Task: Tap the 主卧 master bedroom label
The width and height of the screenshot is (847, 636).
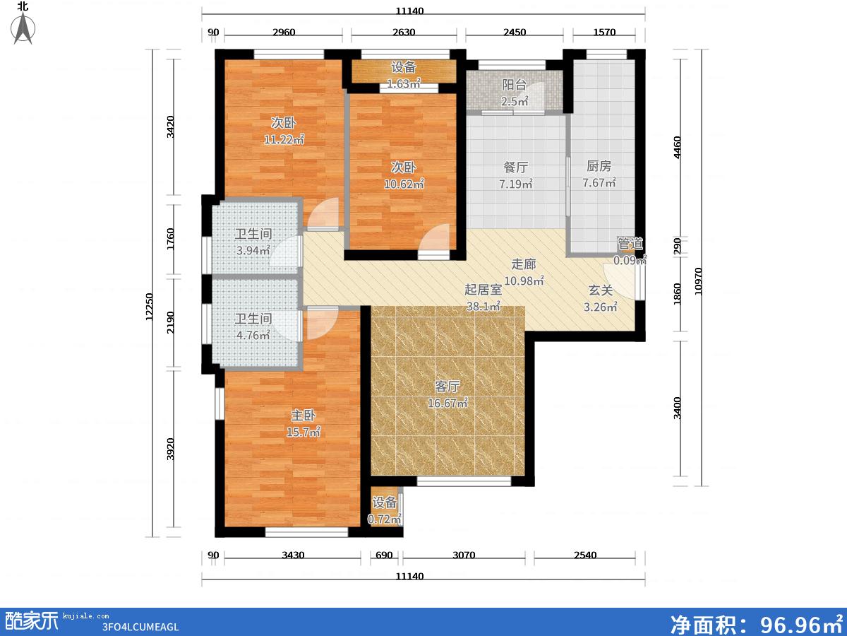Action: click(304, 416)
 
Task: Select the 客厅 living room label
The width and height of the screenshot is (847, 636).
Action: click(447, 387)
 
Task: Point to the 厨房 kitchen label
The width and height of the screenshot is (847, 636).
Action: click(599, 166)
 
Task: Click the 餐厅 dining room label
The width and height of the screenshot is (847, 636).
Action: click(516, 167)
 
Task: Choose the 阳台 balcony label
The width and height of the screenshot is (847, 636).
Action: click(515, 85)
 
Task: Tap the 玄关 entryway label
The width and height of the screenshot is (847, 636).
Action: click(601, 290)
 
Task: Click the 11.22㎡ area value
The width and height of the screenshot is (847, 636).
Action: click(284, 139)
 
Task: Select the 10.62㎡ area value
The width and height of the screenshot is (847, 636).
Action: click(404, 184)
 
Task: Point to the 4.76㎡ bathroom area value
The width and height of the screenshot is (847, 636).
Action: click(253, 335)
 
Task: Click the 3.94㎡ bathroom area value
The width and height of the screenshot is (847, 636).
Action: click(253, 250)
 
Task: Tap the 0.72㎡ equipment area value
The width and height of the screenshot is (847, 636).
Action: click(385, 519)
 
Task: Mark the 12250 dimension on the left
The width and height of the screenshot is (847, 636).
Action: click(150, 307)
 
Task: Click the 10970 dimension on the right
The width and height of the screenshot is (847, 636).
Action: click(698, 281)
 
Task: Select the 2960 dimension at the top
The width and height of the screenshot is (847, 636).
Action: click(284, 32)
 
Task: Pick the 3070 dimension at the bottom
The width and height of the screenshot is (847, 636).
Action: click(464, 555)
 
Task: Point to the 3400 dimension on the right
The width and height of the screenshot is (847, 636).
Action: click(677, 408)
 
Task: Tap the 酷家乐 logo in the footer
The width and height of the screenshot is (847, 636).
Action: click(32, 621)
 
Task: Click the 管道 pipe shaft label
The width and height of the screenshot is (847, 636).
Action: click(630, 244)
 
